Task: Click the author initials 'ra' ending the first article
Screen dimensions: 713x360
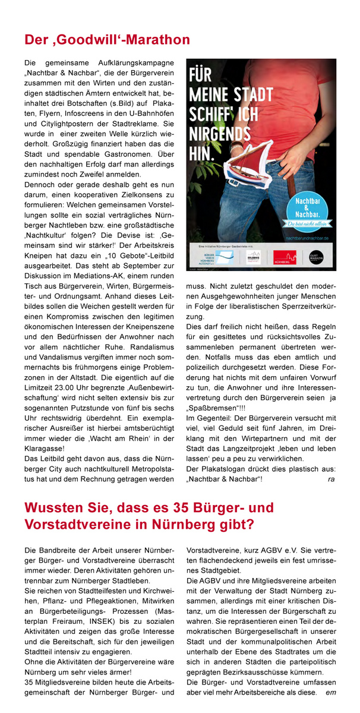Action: click(331, 478)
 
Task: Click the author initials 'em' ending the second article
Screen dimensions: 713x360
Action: click(330, 692)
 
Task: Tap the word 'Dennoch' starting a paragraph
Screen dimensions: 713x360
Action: click(40, 185)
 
